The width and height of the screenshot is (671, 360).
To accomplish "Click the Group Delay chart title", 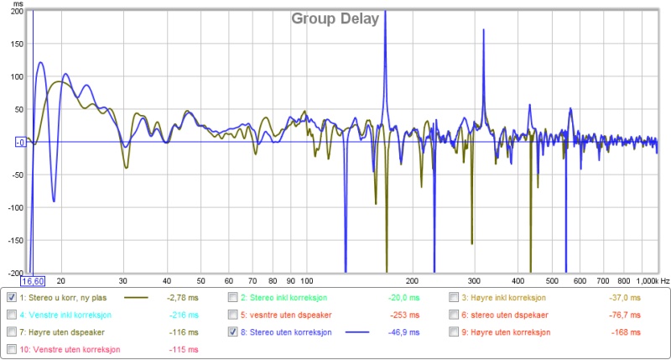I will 335,18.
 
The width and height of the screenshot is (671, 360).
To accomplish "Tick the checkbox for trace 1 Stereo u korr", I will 11,297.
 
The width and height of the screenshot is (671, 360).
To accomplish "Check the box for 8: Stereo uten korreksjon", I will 234,332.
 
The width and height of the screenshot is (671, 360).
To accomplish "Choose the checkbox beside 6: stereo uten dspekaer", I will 454,315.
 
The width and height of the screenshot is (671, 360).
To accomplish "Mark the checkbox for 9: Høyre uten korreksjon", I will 454,332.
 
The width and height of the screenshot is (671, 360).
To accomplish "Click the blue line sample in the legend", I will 358,332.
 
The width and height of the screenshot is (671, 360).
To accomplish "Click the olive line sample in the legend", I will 136,297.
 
